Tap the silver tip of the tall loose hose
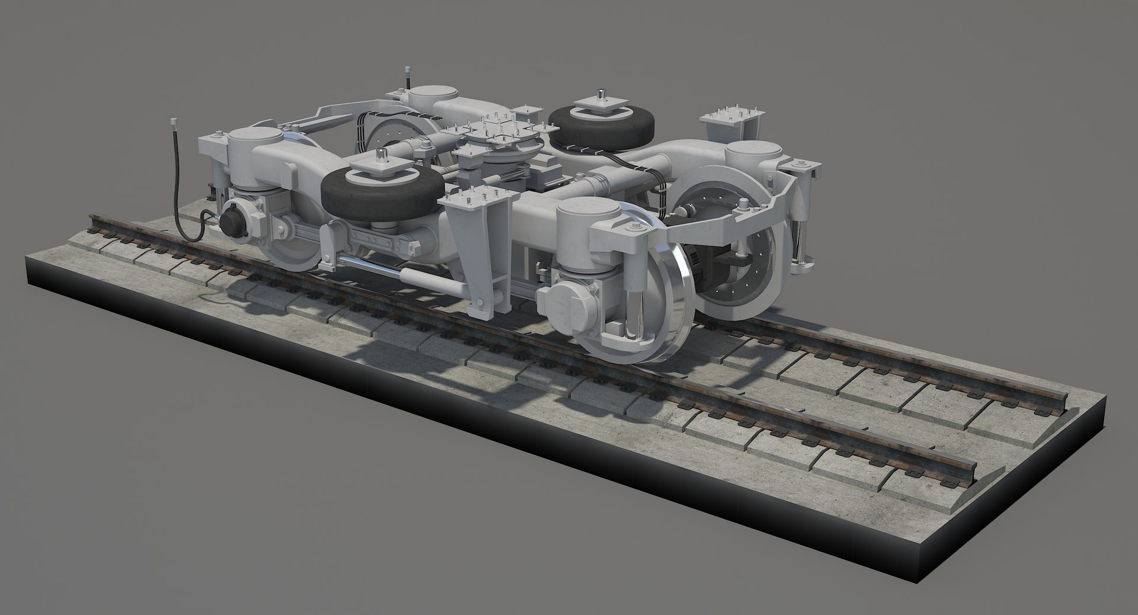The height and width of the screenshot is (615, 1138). (175, 124)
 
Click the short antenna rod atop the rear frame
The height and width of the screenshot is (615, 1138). (407, 77)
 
